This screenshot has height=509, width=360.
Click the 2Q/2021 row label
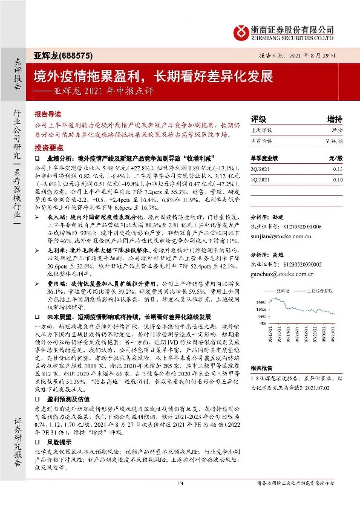point(260,170)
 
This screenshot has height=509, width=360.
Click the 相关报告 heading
point(262,368)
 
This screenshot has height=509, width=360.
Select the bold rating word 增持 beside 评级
point(335,118)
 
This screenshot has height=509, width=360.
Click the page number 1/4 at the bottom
point(180,499)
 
